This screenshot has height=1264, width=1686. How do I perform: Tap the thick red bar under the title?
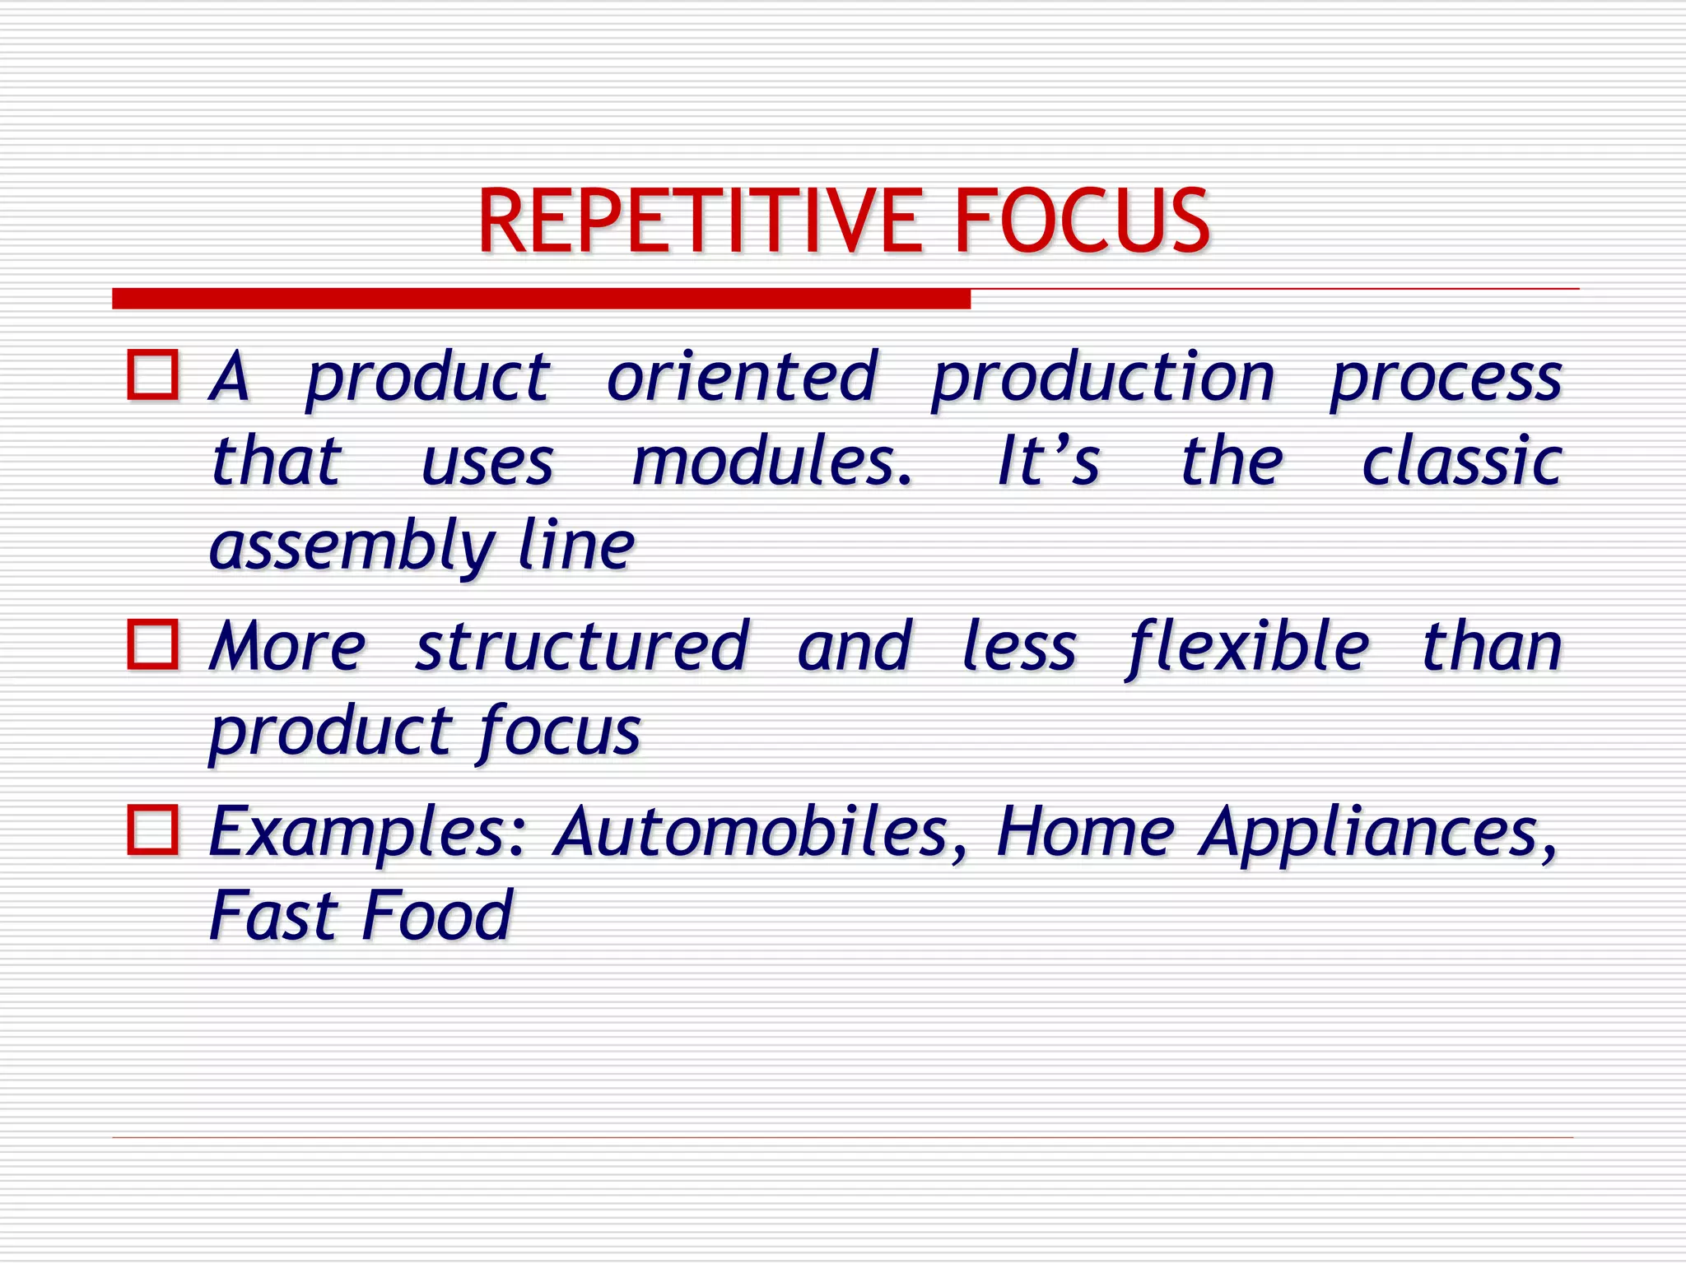click(541, 298)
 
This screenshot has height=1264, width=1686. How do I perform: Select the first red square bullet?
click(153, 375)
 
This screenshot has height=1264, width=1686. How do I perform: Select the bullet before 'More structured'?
click(153, 644)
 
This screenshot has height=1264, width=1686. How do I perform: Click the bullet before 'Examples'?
click(153, 829)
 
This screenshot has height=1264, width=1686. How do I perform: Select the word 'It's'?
click(1047, 461)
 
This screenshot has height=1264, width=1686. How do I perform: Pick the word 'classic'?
click(1461, 461)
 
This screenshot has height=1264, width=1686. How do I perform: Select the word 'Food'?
click(437, 915)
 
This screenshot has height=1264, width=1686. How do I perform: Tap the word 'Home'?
click(1085, 831)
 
